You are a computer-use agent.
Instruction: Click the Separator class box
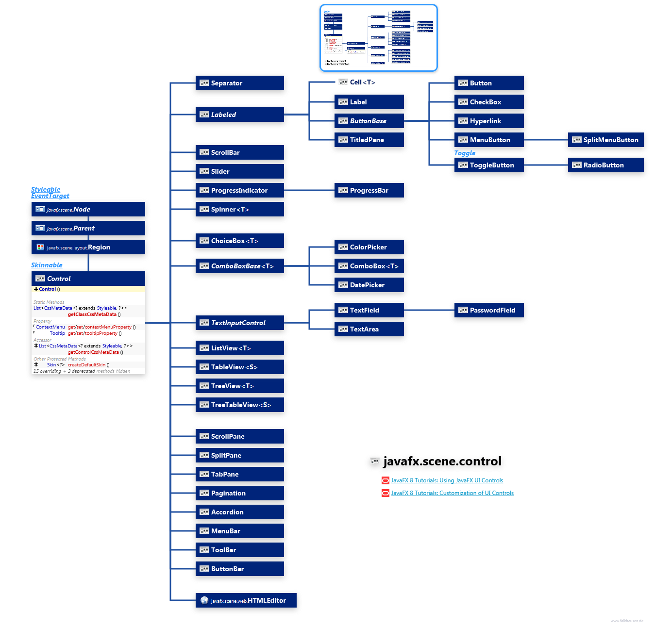tap(239, 83)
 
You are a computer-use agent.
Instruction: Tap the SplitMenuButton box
tap(605, 140)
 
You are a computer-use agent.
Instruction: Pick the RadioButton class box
tap(605, 165)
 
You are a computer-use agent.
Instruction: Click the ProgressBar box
tap(369, 190)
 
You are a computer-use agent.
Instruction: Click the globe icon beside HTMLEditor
tap(204, 601)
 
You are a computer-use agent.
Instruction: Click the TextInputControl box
tap(239, 323)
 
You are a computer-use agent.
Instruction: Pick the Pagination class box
tap(239, 493)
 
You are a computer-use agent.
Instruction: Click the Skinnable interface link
tap(47, 265)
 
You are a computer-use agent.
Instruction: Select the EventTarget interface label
tap(50, 196)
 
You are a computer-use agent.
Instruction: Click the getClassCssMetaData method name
tap(92, 314)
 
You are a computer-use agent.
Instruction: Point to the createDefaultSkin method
tap(86, 365)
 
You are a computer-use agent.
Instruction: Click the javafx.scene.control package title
tap(442, 462)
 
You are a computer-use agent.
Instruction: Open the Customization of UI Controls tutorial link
tap(452, 493)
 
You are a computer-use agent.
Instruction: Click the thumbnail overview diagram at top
tap(378, 38)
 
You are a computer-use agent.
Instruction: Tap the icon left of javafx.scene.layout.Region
tap(40, 247)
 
